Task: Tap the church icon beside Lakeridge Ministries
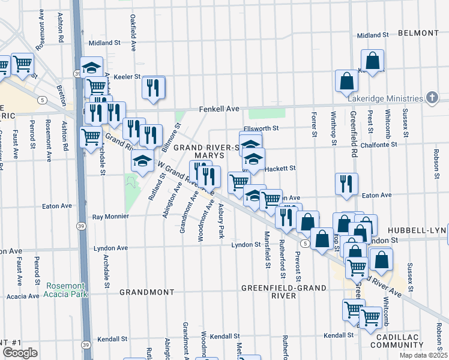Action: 432,98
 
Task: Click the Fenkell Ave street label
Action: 220,109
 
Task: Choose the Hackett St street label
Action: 280,169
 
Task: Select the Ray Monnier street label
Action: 110,217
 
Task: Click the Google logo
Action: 20,353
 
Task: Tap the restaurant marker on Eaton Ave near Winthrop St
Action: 346,184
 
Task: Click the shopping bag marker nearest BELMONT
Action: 372,61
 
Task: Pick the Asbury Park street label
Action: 221,220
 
